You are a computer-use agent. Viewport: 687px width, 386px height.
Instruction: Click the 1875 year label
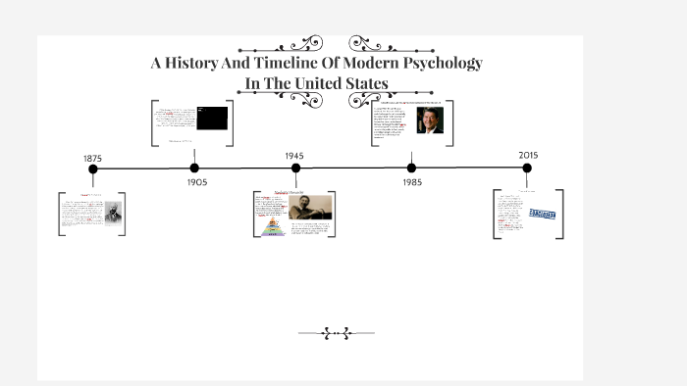pos(93,158)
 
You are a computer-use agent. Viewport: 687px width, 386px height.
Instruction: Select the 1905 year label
pos(197,182)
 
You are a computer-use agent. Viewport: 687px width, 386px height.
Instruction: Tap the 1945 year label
pos(294,156)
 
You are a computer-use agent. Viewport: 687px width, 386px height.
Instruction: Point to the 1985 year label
pos(412,182)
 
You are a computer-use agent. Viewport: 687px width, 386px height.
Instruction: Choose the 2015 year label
pos(528,155)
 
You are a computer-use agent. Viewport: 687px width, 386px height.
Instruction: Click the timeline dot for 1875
pos(93,169)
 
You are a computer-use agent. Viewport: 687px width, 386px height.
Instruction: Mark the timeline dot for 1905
pos(194,169)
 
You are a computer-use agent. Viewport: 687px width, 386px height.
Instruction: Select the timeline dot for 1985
pos(411,169)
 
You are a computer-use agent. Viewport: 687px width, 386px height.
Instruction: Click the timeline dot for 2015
pos(527,169)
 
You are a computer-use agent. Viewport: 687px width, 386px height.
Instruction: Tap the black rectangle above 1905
pos(212,119)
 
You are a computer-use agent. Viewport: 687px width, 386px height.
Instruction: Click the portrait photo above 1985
pos(429,121)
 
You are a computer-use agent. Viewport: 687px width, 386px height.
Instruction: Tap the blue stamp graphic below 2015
pos(542,214)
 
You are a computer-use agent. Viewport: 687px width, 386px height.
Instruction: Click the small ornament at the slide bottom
pos(336,333)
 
